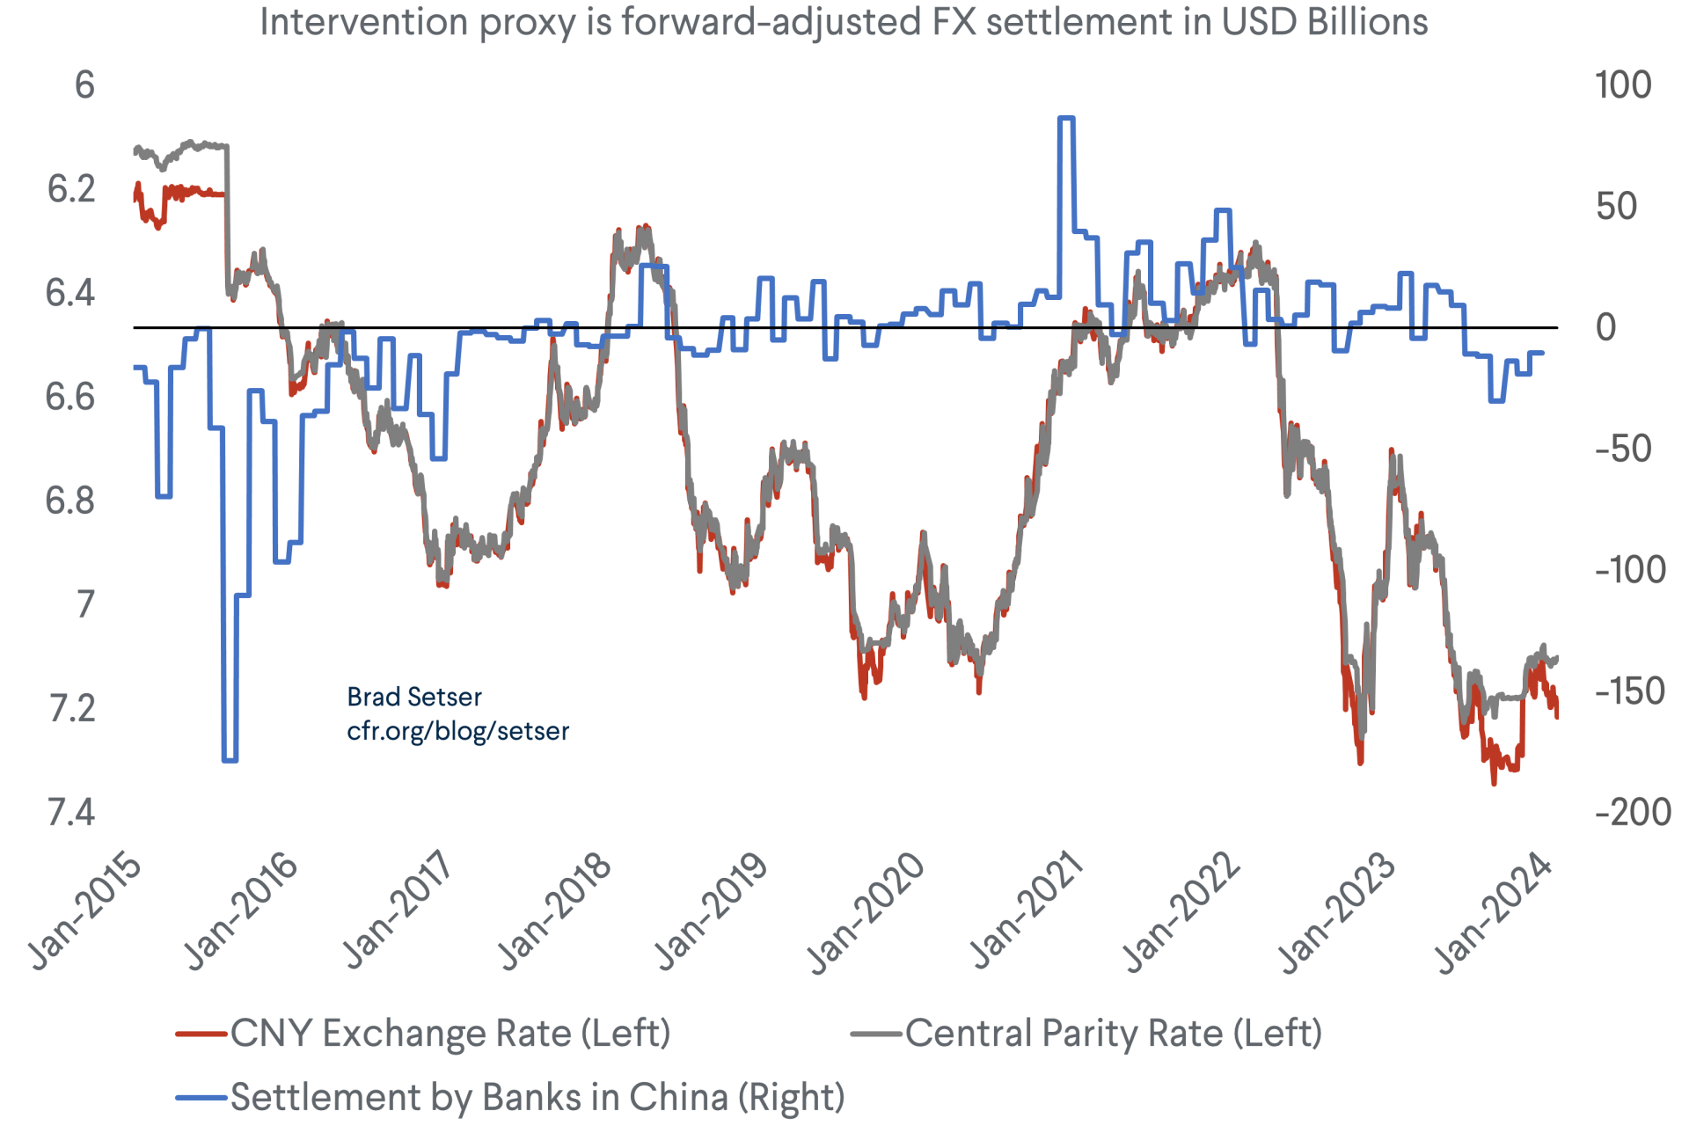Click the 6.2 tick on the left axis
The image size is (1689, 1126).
(x=71, y=189)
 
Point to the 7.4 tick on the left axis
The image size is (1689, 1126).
(x=71, y=812)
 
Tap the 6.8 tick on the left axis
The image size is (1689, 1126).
(x=71, y=501)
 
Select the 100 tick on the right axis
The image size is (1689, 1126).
(x=1623, y=85)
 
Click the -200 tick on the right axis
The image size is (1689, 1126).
(x=1633, y=812)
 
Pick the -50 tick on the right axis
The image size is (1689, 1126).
(x=1623, y=449)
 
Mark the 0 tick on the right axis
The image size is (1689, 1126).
(x=1606, y=327)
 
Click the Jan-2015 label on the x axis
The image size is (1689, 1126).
(x=85, y=911)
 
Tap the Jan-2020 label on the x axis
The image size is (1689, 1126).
(x=866, y=911)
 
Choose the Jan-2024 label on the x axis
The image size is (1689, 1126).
(x=1494, y=911)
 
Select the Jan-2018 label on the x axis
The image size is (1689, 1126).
(x=554, y=911)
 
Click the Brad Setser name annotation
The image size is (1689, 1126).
(x=414, y=697)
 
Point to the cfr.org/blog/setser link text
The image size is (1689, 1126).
(x=457, y=731)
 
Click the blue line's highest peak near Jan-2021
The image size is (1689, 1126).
(x=1065, y=118)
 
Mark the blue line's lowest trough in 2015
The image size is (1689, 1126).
(x=230, y=759)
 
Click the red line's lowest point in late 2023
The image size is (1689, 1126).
(x=1493, y=781)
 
